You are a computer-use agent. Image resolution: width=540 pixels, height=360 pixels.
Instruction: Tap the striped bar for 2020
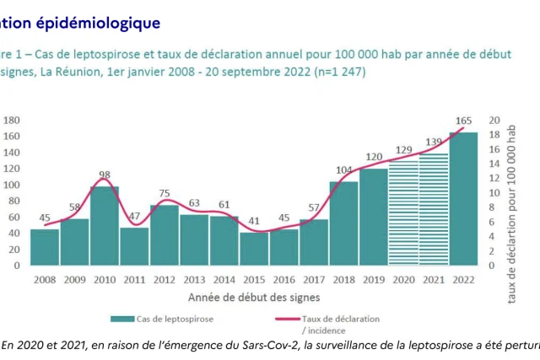[403, 213]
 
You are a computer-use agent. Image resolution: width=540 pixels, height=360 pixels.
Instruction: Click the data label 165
[463, 121]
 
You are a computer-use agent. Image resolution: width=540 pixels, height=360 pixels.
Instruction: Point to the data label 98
[105, 175]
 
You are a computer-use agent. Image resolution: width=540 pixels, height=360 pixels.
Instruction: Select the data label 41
[254, 221]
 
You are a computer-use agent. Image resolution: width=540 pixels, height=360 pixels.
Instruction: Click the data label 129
[403, 150]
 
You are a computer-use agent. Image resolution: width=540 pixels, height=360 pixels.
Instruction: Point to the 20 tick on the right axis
[495, 120]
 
